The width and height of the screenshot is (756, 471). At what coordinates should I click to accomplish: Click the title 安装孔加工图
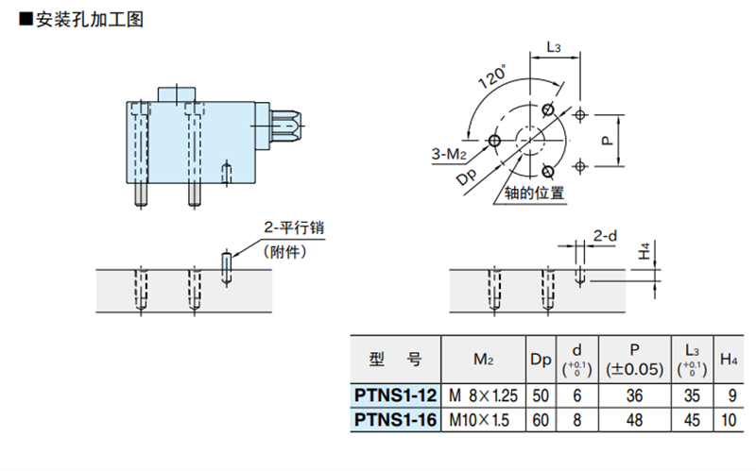(x=90, y=20)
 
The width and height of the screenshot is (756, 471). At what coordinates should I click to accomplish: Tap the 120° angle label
(x=492, y=76)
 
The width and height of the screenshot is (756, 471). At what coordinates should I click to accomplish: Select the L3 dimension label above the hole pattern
(x=554, y=47)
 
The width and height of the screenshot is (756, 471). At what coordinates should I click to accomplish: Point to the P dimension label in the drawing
(x=608, y=141)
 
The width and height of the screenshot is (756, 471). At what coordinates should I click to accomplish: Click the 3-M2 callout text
(x=449, y=154)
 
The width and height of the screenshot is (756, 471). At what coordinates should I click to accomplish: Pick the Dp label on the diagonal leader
(x=466, y=177)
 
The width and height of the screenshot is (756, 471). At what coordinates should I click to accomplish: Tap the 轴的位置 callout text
(x=534, y=193)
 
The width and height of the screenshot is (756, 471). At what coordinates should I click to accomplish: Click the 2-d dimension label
(x=605, y=236)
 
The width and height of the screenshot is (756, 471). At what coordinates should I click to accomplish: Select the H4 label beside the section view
(x=645, y=251)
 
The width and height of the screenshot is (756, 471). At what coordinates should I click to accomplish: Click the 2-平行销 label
(x=294, y=227)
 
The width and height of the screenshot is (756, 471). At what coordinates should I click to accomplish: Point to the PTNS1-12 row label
(x=395, y=395)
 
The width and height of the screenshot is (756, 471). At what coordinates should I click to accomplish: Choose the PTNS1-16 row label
(x=395, y=420)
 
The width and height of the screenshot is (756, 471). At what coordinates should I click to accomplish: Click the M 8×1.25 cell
(x=483, y=395)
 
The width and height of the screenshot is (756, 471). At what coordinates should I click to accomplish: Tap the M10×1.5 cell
(x=479, y=420)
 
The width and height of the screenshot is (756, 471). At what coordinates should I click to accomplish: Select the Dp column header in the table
(x=541, y=360)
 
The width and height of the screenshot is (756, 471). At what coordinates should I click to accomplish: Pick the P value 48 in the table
(x=634, y=420)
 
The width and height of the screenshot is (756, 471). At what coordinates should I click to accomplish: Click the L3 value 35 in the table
(x=692, y=395)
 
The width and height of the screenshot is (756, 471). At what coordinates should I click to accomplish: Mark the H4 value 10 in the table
(x=729, y=420)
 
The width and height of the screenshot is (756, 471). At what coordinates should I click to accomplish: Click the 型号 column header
(x=395, y=360)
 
